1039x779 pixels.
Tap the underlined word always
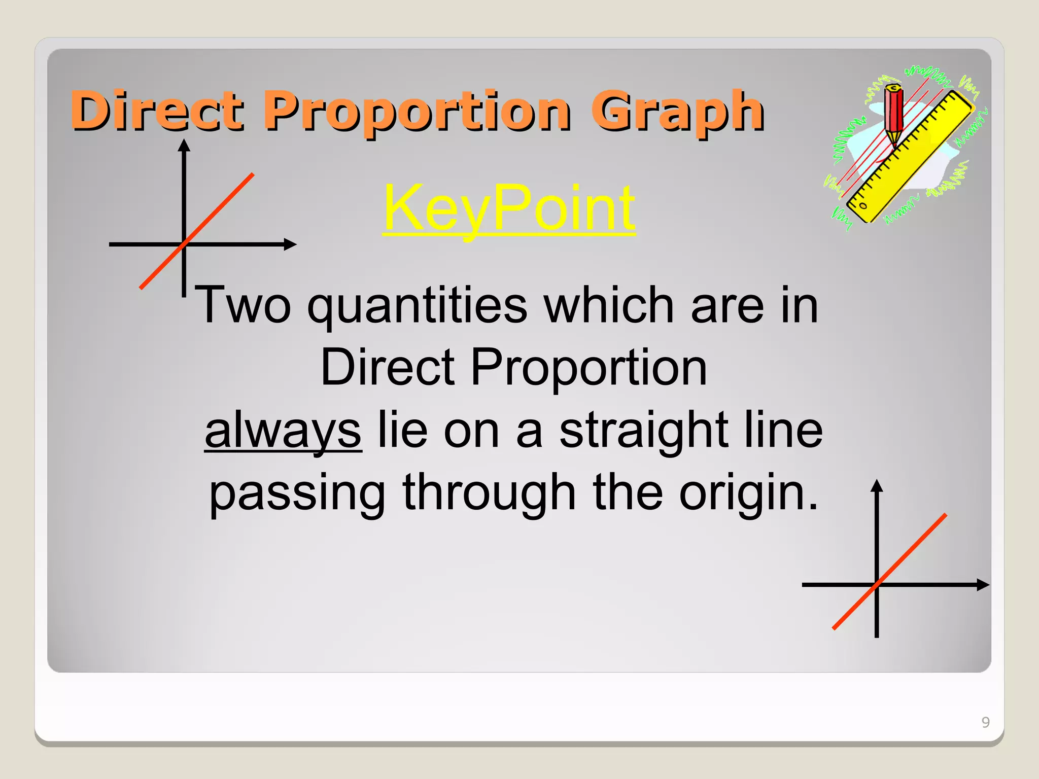(x=283, y=431)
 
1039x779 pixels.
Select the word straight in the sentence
(x=644, y=431)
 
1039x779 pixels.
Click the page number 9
(x=985, y=722)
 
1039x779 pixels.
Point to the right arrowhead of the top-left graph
(x=290, y=244)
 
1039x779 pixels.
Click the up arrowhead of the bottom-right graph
(x=877, y=485)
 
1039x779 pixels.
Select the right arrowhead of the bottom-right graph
(x=983, y=585)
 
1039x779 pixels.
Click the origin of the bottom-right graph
(x=877, y=585)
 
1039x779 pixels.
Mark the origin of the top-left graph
(x=184, y=244)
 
